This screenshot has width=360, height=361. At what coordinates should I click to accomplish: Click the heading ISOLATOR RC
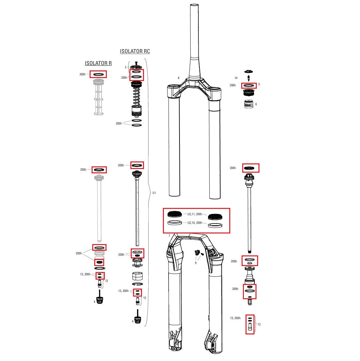click(x=135, y=51)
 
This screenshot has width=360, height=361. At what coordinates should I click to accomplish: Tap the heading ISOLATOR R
click(x=98, y=63)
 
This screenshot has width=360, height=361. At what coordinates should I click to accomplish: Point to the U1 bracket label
click(x=154, y=193)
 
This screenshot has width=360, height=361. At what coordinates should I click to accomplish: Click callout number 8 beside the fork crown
click(x=178, y=78)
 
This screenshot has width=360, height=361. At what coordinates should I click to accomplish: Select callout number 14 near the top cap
click(x=236, y=78)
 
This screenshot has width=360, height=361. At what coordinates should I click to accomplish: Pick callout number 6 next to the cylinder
click(x=256, y=104)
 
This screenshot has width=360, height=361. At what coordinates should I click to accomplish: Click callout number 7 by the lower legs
click(x=169, y=235)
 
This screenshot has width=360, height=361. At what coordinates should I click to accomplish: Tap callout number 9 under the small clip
click(x=195, y=263)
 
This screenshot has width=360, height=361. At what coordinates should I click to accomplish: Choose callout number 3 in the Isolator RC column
click(x=125, y=67)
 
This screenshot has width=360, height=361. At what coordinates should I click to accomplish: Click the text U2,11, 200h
click(x=195, y=214)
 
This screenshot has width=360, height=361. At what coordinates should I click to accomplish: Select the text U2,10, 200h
click(x=195, y=223)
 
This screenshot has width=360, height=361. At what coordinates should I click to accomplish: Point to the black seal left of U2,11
click(x=175, y=214)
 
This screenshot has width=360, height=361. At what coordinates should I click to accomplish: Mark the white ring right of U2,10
click(x=215, y=226)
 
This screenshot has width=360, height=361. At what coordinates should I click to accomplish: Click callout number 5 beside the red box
click(x=259, y=84)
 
